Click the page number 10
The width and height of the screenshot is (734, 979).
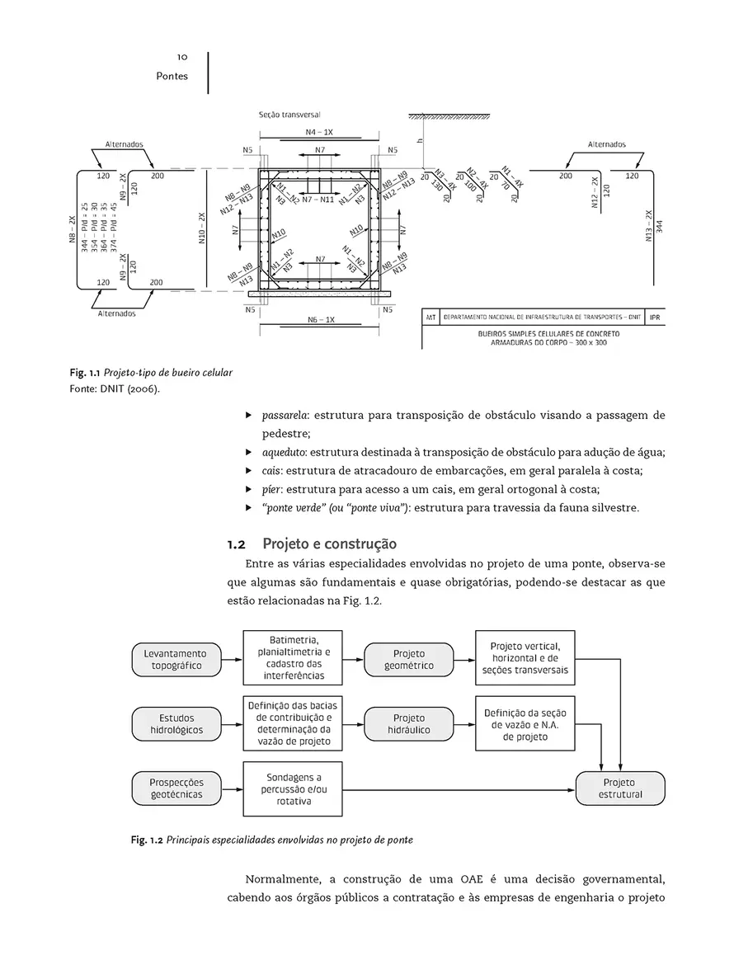click(x=182, y=57)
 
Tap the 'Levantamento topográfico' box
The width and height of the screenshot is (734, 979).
click(x=176, y=659)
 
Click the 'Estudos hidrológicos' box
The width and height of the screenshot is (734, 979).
click(x=176, y=723)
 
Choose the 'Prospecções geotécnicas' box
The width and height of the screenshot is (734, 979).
click(x=176, y=788)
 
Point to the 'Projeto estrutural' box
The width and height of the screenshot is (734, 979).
click(x=619, y=788)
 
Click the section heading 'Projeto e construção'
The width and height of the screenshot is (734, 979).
click(x=329, y=544)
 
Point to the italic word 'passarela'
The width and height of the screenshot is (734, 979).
click(x=285, y=415)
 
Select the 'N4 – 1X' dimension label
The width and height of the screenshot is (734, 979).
click(x=319, y=133)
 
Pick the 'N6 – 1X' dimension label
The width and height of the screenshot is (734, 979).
click(x=319, y=319)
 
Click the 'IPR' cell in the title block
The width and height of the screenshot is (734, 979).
click(x=654, y=317)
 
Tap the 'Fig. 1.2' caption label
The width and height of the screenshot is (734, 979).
click(x=147, y=840)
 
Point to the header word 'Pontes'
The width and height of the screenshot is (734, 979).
click(x=172, y=77)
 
